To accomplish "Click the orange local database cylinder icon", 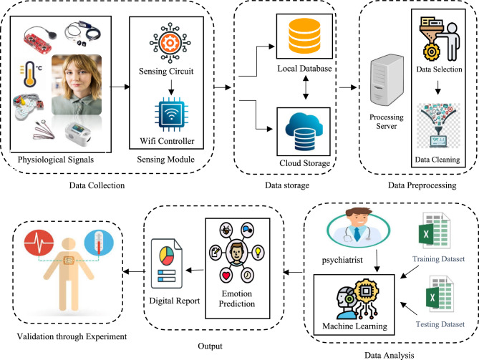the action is pyautogui.click(x=304, y=36).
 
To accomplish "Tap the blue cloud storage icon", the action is pyautogui.click(x=304, y=131).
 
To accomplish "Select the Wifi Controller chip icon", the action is pyautogui.click(x=171, y=115).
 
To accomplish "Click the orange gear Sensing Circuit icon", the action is pyautogui.click(x=170, y=43).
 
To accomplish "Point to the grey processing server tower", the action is pyautogui.click(x=387, y=80).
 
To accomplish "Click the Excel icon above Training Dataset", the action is pyautogui.click(x=435, y=231).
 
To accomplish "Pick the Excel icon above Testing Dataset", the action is pyautogui.click(x=440, y=294).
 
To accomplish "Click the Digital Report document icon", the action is pyautogui.click(x=167, y=263).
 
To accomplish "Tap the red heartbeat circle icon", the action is pyautogui.click(x=39, y=243).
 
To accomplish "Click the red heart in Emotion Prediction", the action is pyautogui.click(x=226, y=276).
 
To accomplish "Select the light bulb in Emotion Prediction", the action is pyautogui.click(x=258, y=253).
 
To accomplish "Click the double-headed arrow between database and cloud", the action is pyautogui.click(x=306, y=87).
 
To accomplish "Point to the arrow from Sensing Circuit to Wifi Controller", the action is pyautogui.click(x=171, y=87).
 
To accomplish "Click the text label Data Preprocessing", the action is pyautogui.click(x=422, y=185).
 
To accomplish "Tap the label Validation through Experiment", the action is pyautogui.click(x=72, y=336).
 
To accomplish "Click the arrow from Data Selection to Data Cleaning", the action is pyautogui.click(x=437, y=87).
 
